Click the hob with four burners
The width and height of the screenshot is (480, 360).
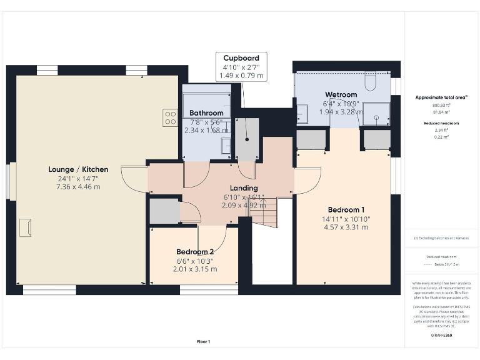[170, 117]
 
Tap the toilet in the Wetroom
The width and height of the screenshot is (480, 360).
[369, 82]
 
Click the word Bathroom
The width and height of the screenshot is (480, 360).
[206, 113]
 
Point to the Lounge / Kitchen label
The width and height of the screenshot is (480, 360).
[78, 169]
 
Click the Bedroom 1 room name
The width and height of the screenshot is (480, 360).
[346, 209]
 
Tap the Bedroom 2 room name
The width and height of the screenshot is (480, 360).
[195, 252]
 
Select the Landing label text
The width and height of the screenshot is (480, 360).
[243, 187]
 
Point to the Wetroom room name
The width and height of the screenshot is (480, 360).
[341, 95]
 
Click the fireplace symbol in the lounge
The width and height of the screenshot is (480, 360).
[26, 227]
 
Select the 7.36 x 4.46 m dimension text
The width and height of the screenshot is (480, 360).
[78, 187]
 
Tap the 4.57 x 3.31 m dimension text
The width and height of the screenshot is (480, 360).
[346, 227]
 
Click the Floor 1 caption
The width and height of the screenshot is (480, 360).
[203, 342]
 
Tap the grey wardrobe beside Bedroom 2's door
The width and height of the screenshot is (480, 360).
[164, 211]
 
